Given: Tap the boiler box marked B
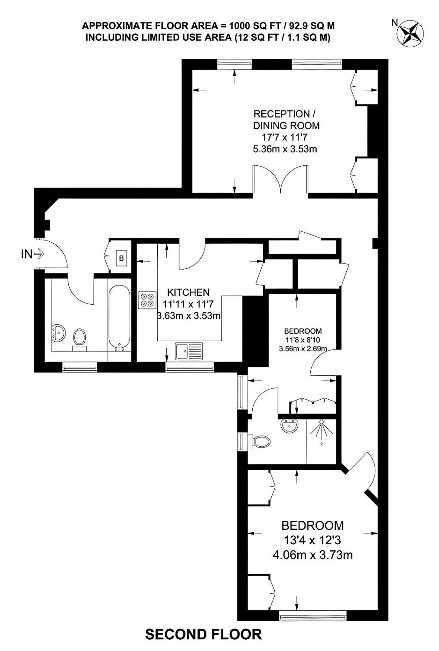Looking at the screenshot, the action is pyautogui.click(x=122, y=258).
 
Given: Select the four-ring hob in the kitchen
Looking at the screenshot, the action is pyautogui.click(x=147, y=300).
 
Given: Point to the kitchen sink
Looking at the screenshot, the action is pyautogui.click(x=189, y=351).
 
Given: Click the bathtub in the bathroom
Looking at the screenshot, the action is pyautogui.click(x=119, y=318).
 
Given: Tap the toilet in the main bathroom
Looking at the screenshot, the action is pyautogui.click(x=80, y=339).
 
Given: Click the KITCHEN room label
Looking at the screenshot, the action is pyautogui.click(x=188, y=292).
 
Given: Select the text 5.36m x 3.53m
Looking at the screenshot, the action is pyautogui.click(x=285, y=149).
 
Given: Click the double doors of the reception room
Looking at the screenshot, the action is pyautogui.click(x=280, y=179).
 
